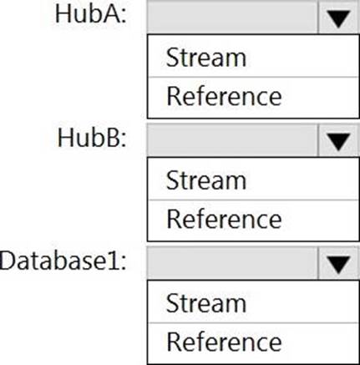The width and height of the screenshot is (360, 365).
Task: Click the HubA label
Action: tap(90, 14)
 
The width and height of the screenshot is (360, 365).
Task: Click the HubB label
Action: tap(92, 138)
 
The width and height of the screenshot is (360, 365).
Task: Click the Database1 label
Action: tap(63, 261)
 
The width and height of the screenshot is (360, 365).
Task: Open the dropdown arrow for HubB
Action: tap(338, 141)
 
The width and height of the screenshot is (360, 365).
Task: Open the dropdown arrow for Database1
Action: tap(338, 264)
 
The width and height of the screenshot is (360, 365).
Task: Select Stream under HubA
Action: tap(206, 58)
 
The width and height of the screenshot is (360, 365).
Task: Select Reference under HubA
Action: tap(224, 96)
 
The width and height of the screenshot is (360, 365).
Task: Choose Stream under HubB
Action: tap(206, 180)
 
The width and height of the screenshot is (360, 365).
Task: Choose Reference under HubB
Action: tap(224, 220)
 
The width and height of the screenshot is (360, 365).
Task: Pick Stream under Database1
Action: tap(206, 303)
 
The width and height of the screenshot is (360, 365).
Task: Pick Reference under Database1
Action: tap(224, 342)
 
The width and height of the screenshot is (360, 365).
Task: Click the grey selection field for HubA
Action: tap(232, 18)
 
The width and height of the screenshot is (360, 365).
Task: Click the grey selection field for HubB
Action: tap(232, 141)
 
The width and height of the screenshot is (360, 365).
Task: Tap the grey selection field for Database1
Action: tap(232, 264)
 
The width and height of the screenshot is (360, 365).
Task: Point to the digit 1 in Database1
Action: tap(114, 261)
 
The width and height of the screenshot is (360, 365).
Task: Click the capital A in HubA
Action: tap(111, 14)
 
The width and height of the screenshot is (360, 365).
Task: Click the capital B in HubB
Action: tap(113, 138)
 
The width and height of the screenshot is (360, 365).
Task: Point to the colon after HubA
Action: tap(124, 17)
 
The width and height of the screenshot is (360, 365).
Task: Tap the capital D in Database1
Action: tap(8, 261)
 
